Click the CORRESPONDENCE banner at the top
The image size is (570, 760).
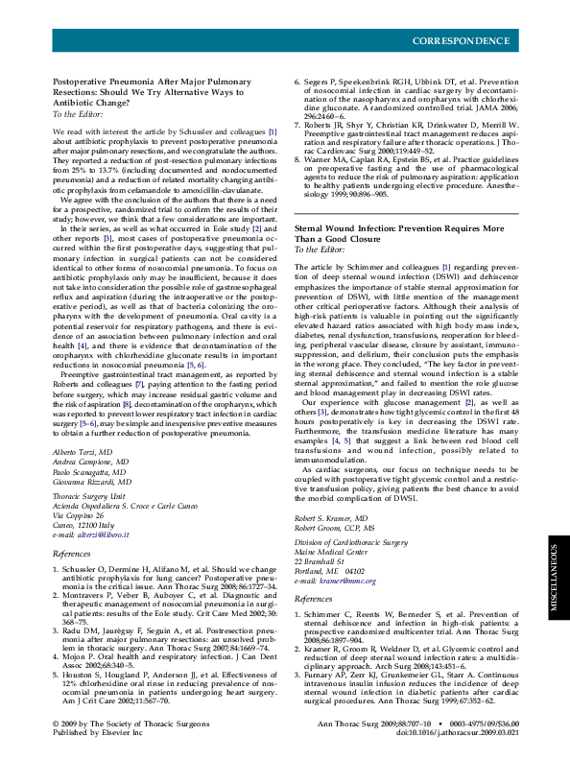pos(461,41)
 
